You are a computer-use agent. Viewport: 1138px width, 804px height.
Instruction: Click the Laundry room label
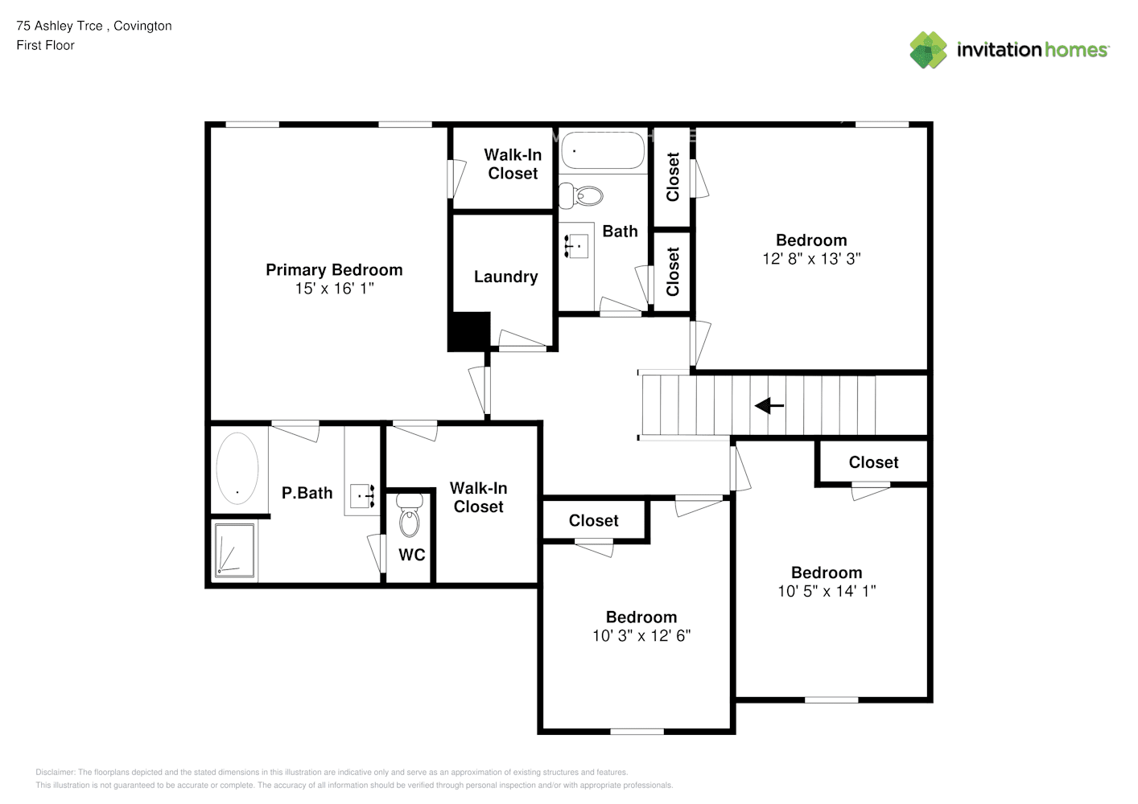(x=505, y=277)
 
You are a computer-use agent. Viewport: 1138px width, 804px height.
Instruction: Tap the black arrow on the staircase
(x=769, y=405)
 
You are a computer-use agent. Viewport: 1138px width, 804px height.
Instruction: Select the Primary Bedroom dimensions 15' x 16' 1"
(x=334, y=289)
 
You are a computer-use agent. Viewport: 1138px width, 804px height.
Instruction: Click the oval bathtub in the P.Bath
(x=237, y=468)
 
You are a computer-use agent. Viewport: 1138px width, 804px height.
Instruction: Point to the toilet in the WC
(x=410, y=515)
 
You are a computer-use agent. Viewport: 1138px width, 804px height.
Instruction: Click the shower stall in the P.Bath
(x=234, y=551)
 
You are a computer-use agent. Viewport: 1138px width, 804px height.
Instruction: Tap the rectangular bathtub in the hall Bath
(x=603, y=150)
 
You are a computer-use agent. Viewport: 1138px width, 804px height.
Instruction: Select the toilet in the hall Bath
(x=581, y=196)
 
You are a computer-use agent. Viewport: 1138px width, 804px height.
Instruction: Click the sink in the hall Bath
(x=576, y=246)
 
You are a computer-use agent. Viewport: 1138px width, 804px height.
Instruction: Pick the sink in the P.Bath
(x=363, y=496)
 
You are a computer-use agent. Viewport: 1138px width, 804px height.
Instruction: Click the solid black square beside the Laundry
(x=469, y=331)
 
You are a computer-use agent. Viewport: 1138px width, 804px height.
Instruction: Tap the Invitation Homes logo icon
(x=928, y=50)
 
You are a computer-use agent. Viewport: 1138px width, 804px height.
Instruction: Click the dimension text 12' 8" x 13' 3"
(x=811, y=259)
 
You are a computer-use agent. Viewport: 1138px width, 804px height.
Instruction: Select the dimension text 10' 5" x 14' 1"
(x=827, y=591)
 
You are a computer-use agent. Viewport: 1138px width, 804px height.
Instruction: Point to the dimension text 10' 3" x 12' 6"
(x=641, y=636)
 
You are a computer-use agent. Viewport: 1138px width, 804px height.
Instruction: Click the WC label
(x=411, y=555)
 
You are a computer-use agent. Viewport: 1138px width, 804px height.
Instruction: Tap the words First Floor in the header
(x=45, y=45)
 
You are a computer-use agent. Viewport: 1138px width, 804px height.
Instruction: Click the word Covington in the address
(x=142, y=26)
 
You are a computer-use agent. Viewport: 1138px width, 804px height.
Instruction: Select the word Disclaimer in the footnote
(x=55, y=772)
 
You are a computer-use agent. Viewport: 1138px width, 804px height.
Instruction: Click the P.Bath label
(x=307, y=493)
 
